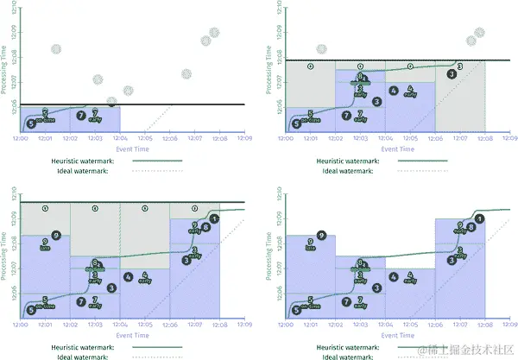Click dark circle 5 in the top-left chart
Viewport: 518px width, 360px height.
pos(32,124)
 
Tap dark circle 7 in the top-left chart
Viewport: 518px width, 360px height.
pos(81,115)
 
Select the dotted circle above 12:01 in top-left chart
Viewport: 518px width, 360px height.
pos(55,49)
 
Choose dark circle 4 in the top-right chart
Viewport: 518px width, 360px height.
pos(394,91)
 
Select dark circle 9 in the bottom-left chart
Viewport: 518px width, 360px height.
pos(55,235)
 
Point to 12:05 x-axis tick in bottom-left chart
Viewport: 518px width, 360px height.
pos(144,325)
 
